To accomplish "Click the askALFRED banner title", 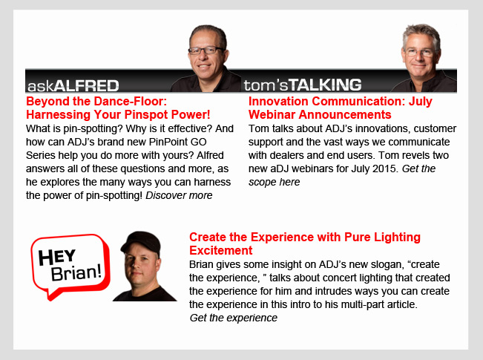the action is (73, 85).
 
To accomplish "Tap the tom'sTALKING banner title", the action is (303, 85).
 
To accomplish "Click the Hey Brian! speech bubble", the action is (70, 266).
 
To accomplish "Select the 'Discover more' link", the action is (179, 195).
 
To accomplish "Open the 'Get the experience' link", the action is (234, 318).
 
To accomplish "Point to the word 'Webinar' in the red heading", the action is (272, 114).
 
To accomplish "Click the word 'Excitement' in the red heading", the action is (221, 250).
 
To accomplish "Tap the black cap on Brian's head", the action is (142, 241).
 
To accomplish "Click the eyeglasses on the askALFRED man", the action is (206, 50).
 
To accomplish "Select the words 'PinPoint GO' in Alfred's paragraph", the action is (178, 142).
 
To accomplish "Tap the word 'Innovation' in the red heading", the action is (278, 102).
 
